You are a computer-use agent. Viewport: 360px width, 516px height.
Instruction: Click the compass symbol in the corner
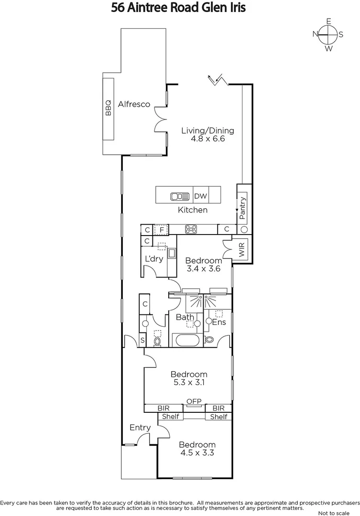click(328, 34)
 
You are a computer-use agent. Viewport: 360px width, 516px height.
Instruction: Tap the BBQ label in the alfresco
click(108, 109)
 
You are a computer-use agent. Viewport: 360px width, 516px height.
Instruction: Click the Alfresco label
click(134, 104)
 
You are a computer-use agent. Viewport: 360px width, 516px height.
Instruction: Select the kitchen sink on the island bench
click(180, 196)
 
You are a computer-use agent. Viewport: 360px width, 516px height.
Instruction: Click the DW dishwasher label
click(200, 196)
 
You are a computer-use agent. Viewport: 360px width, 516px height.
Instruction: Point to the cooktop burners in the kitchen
click(192, 229)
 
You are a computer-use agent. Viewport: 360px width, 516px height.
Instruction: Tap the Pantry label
click(242, 208)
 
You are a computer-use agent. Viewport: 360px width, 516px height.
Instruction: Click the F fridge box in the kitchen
click(161, 229)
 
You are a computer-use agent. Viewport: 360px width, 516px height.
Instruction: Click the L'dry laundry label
click(154, 259)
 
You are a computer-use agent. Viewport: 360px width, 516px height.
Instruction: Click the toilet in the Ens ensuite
click(209, 340)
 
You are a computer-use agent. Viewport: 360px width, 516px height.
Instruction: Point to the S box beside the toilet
click(142, 341)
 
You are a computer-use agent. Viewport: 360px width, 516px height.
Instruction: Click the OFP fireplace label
click(194, 401)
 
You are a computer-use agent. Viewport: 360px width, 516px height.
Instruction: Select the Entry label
click(140, 428)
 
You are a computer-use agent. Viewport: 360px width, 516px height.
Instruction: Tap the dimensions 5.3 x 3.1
click(189, 383)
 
